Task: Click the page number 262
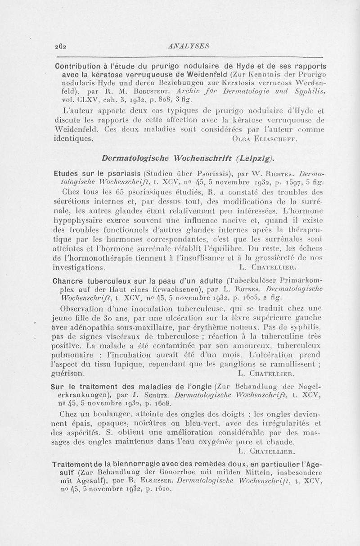coord(60,46)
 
